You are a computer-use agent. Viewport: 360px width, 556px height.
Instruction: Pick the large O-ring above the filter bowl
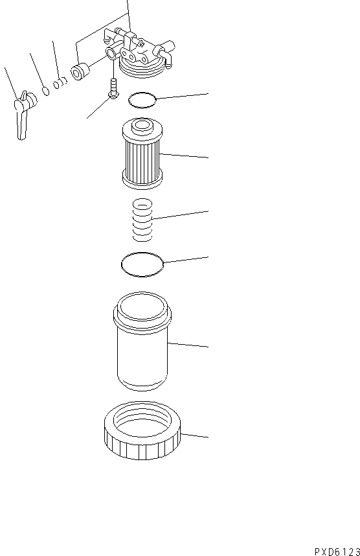(x=142, y=264)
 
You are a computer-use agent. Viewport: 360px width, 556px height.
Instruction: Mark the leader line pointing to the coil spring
(x=181, y=215)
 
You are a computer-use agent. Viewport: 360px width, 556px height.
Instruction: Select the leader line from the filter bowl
(x=188, y=344)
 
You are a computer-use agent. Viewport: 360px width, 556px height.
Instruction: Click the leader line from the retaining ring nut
(x=194, y=435)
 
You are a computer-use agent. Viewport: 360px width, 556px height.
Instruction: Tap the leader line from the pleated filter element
(x=185, y=156)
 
